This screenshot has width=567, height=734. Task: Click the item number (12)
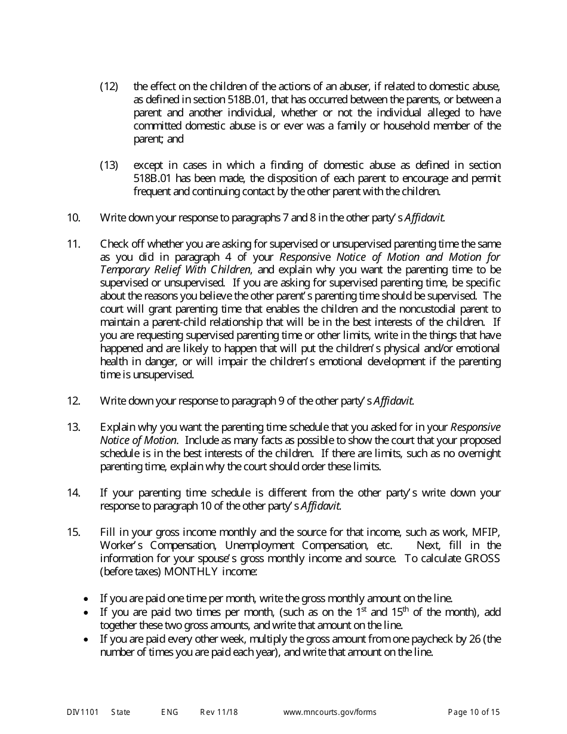(109, 87)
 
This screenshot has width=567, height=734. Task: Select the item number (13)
(109, 165)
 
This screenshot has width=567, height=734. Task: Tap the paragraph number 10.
(73, 218)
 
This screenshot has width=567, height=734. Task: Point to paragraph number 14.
(73, 493)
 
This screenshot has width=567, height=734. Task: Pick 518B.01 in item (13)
(152, 178)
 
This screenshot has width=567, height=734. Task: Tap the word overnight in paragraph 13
(476, 454)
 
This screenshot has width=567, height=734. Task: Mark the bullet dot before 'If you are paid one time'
(88, 599)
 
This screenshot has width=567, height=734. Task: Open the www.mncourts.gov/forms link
(329, 712)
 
